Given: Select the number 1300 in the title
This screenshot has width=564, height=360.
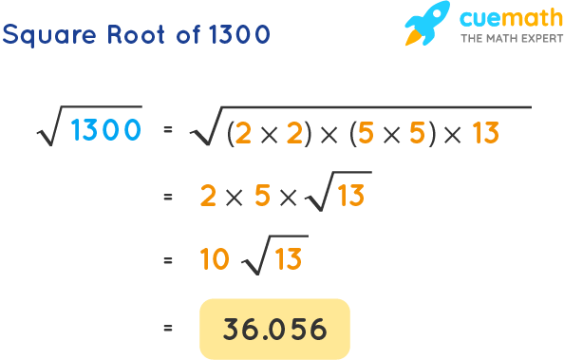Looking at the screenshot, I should click(x=236, y=34).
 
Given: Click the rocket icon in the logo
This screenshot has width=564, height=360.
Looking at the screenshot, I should click(x=426, y=25).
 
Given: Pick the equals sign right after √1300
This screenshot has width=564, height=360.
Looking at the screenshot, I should click(x=168, y=132).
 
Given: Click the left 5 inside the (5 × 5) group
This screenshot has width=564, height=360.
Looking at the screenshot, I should click(x=367, y=135).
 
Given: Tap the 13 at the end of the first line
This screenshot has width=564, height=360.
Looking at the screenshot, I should click(x=484, y=135).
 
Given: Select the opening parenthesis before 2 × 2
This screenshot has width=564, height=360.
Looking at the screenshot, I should click(x=231, y=135).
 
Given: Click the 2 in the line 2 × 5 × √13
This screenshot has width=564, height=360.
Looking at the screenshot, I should click(x=208, y=197).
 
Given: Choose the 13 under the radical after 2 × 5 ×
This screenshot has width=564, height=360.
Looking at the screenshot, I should click(x=351, y=197).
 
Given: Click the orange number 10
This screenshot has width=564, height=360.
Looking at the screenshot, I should click(x=216, y=258).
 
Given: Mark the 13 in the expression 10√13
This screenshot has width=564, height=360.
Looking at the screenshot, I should click(x=289, y=258).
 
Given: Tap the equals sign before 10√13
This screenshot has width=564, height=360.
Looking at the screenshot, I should click(x=168, y=258).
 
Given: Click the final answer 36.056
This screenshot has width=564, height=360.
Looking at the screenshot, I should click(x=274, y=329).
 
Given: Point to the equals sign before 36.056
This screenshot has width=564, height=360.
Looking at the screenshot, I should click(x=168, y=329).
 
